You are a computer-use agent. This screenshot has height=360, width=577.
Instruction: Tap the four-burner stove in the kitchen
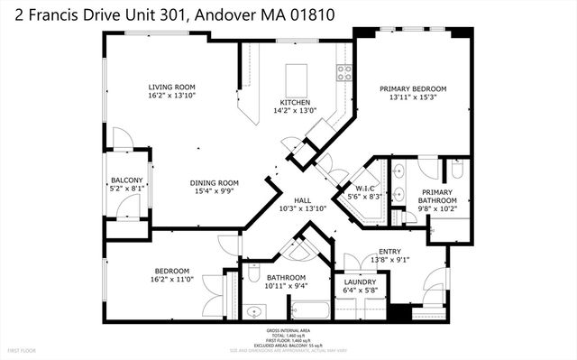pos(344,72)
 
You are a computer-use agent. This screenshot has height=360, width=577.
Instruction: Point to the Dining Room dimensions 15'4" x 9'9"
pos(214,192)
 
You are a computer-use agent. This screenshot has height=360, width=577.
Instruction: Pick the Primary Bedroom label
pos(413,88)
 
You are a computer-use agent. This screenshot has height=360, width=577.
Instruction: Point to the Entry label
pos(390,252)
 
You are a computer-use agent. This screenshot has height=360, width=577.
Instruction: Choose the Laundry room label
pos(360,282)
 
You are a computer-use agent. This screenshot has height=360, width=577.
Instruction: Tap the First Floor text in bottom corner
pos(20,349)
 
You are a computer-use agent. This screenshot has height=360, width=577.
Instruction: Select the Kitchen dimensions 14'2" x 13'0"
pos(295,111)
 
